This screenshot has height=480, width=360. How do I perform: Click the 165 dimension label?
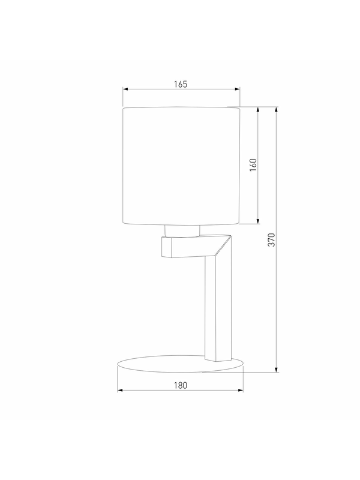pyautogui.click(x=181, y=84)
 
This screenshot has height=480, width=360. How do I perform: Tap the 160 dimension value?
pyautogui.click(x=253, y=165)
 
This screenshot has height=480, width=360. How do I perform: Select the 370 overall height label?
pyautogui.click(x=272, y=239)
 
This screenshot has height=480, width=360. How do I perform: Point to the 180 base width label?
pyautogui.click(x=181, y=385)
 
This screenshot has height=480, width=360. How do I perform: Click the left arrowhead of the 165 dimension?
pyautogui.click(x=125, y=89)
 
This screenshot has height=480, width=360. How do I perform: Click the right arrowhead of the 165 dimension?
pyautogui.click(x=238, y=89)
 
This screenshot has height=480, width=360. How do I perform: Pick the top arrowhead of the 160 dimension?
pyautogui.click(x=258, y=110)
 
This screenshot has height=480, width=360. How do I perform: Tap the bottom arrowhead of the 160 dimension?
pyautogui.click(x=258, y=221)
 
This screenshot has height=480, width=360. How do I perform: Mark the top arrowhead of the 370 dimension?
pyautogui.click(x=277, y=110)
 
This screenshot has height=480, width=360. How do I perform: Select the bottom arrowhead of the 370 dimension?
pyautogui.click(x=277, y=370)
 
